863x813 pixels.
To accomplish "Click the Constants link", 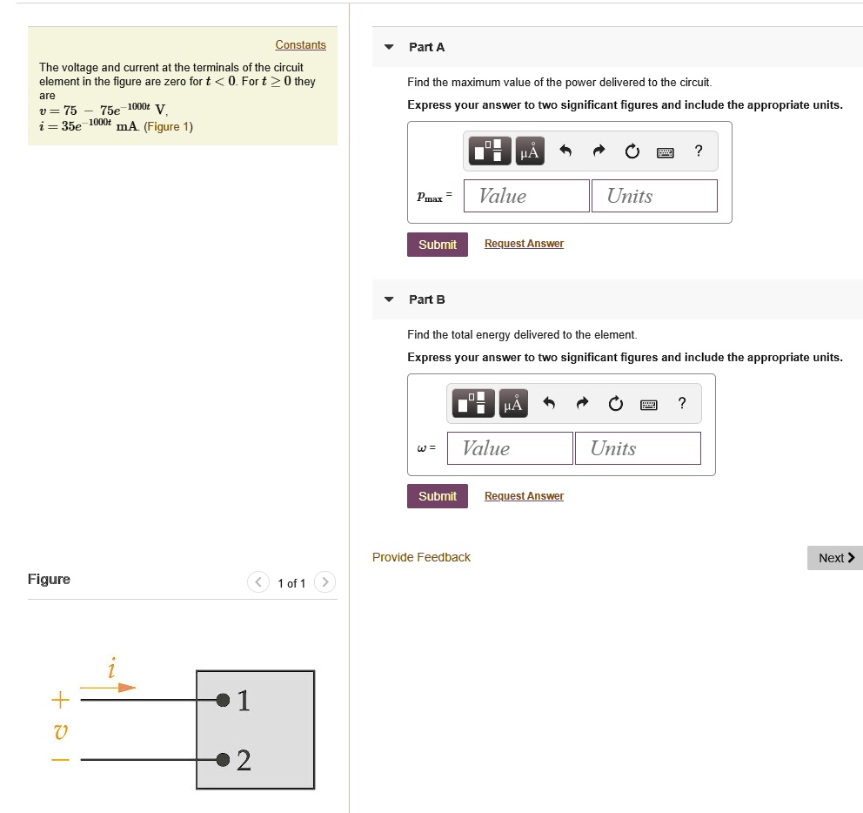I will click(300, 45).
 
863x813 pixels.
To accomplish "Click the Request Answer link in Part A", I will click(524, 244).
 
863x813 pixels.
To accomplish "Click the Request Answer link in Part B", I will click(524, 496).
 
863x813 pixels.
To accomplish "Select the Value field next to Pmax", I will click(526, 196).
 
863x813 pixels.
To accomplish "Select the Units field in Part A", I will click(653, 196).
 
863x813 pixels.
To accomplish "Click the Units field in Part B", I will click(637, 448).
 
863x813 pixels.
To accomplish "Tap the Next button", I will click(835, 558).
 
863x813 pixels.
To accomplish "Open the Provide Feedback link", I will click(421, 557).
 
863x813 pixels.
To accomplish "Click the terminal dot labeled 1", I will click(223, 699).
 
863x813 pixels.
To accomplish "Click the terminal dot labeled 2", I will click(223, 760).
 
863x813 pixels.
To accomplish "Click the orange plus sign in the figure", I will click(59, 699).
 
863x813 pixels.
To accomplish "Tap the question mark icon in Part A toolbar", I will click(699, 151).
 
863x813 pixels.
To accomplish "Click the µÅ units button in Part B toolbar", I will click(512, 404).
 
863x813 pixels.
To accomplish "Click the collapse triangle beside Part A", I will click(389, 47).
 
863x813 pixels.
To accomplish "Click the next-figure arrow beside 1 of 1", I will click(324, 582).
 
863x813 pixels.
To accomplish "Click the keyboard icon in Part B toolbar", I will click(649, 404).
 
